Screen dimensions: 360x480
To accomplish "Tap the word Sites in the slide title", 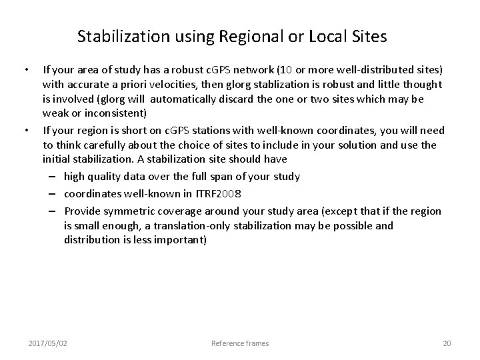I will click(366, 37).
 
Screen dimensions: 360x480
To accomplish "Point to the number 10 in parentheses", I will click(290, 69).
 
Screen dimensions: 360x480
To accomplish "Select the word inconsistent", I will click(112, 113).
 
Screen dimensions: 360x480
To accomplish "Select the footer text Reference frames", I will click(240, 343).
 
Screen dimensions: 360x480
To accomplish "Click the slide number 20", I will click(447, 343).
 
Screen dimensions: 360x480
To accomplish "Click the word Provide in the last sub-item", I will click(83, 211).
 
